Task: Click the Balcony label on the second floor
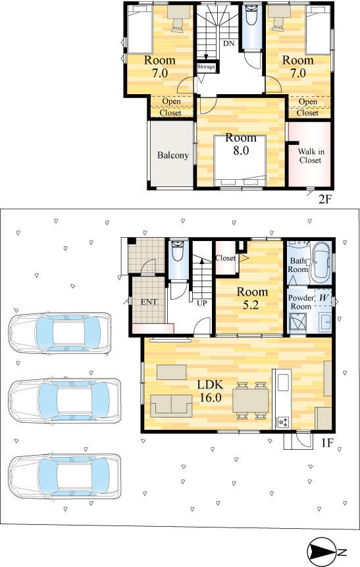[173, 155]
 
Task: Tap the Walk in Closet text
[311, 156]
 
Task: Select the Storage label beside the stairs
[206, 67]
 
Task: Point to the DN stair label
[228, 43]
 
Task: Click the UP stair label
[201, 303]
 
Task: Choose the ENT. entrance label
[149, 302]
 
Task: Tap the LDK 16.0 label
[210, 391]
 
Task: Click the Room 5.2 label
[252, 298]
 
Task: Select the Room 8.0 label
[241, 144]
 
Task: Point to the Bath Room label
[298, 265]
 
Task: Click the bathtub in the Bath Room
[321, 263]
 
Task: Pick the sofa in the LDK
[171, 406]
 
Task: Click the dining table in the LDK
[251, 400]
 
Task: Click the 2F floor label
[324, 200]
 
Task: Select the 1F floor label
[326, 443]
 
